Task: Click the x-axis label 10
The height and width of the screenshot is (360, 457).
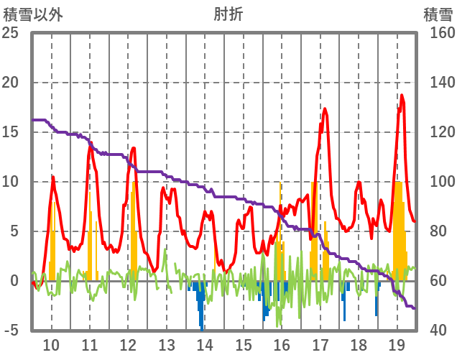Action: (52, 344)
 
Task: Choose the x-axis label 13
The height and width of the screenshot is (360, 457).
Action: (167, 344)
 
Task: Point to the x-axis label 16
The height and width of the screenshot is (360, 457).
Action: (282, 344)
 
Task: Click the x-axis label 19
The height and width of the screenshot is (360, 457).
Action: (397, 344)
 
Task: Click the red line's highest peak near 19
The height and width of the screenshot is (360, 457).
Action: (402, 96)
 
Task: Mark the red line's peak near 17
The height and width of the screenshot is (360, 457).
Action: (325, 109)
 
